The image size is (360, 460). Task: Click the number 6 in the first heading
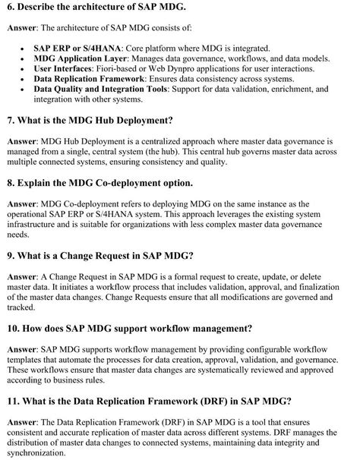point(9,8)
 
